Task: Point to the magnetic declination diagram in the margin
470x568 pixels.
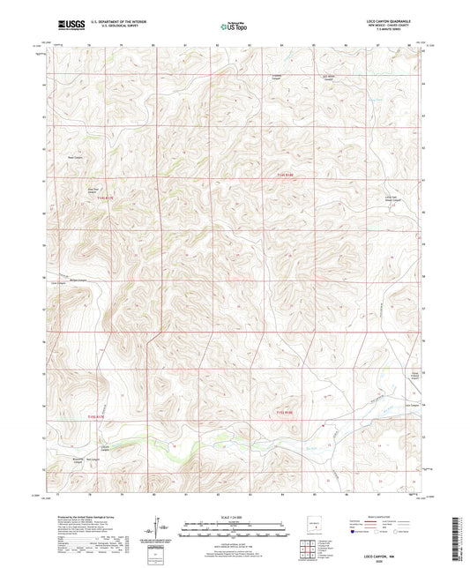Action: click(159, 527)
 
